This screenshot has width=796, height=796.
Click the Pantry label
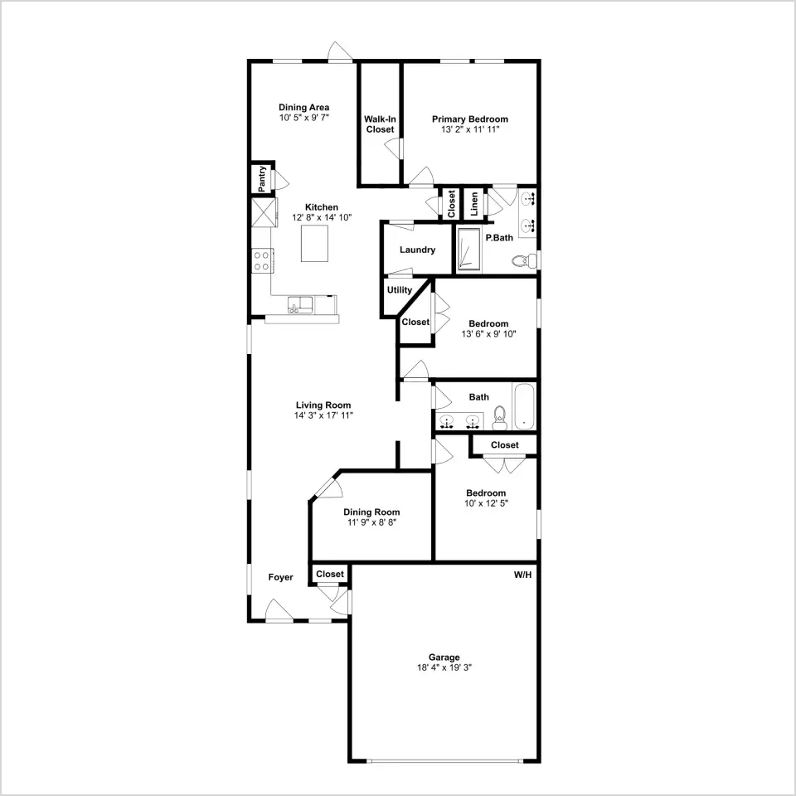[x=262, y=179]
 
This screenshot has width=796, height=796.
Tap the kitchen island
[x=315, y=243]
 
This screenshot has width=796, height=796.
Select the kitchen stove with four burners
[x=263, y=261]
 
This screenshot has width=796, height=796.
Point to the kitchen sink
[x=300, y=304]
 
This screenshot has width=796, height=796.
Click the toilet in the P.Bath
[x=524, y=261]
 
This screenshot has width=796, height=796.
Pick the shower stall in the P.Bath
[x=468, y=250]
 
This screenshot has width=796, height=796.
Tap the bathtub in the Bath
[x=524, y=407]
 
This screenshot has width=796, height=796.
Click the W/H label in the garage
[x=522, y=575]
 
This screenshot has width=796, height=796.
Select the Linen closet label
[x=474, y=204]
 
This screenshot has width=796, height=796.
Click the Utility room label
[x=400, y=290]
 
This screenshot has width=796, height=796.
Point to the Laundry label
[x=417, y=250]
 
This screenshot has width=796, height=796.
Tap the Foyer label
[x=281, y=577]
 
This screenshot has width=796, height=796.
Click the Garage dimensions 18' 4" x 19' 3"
[x=444, y=667]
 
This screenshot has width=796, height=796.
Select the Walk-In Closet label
[x=380, y=124]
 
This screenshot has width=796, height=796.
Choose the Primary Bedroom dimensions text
[x=470, y=129]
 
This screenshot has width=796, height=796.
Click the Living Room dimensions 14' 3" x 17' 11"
[x=323, y=415]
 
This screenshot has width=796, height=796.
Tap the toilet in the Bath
[x=500, y=418]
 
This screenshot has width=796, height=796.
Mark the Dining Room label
[x=371, y=512]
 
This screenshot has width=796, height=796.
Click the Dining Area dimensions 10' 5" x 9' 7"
[x=304, y=117]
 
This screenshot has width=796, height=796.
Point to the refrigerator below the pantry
[x=265, y=211]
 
